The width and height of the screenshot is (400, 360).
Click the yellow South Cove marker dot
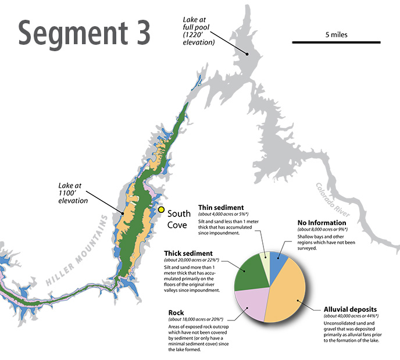tap(161, 210)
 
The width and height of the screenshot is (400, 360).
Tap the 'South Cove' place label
tap(179, 219)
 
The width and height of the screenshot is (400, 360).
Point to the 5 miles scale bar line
tap(336, 42)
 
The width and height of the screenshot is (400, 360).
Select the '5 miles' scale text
tap(336, 34)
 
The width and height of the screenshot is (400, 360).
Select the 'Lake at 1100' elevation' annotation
tap(73, 192)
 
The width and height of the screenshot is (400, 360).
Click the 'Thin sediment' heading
tap(221, 207)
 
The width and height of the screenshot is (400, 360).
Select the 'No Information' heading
tap(322, 223)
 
